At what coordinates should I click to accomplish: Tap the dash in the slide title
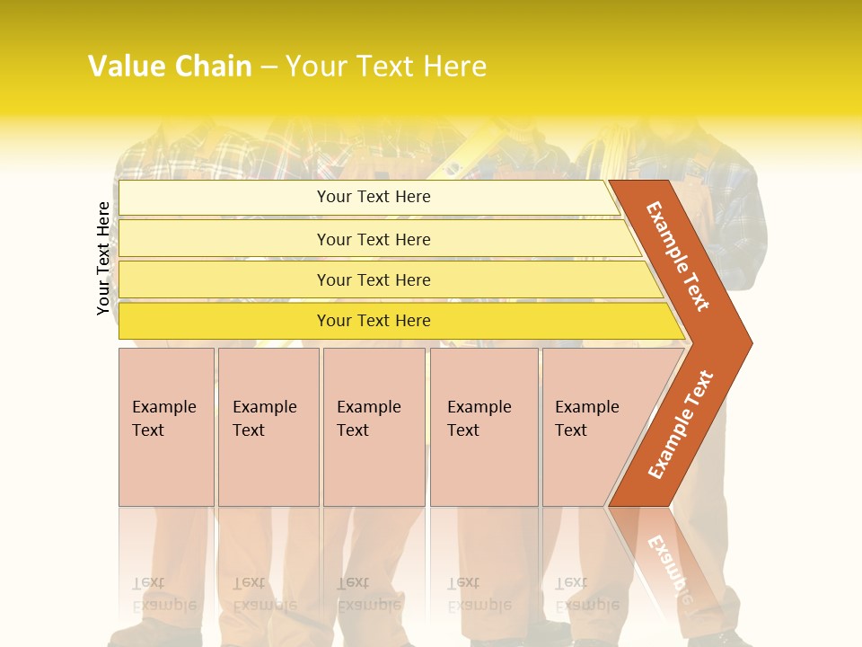click(268, 67)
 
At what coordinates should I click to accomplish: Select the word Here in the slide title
click(453, 66)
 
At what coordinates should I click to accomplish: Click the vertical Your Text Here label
click(103, 258)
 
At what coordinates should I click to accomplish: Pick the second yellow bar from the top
click(373, 239)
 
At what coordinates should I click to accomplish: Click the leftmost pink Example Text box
click(166, 427)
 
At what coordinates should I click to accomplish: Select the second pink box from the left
click(268, 427)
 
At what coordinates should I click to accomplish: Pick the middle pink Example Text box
click(374, 427)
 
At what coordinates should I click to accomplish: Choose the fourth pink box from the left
click(484, 427)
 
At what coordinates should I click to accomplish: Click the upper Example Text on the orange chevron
click(678, 256)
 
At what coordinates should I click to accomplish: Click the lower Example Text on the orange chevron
click(681, 424)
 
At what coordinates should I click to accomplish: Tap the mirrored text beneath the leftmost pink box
click(163, 594)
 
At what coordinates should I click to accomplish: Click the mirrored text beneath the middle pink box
click(368, 594)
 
